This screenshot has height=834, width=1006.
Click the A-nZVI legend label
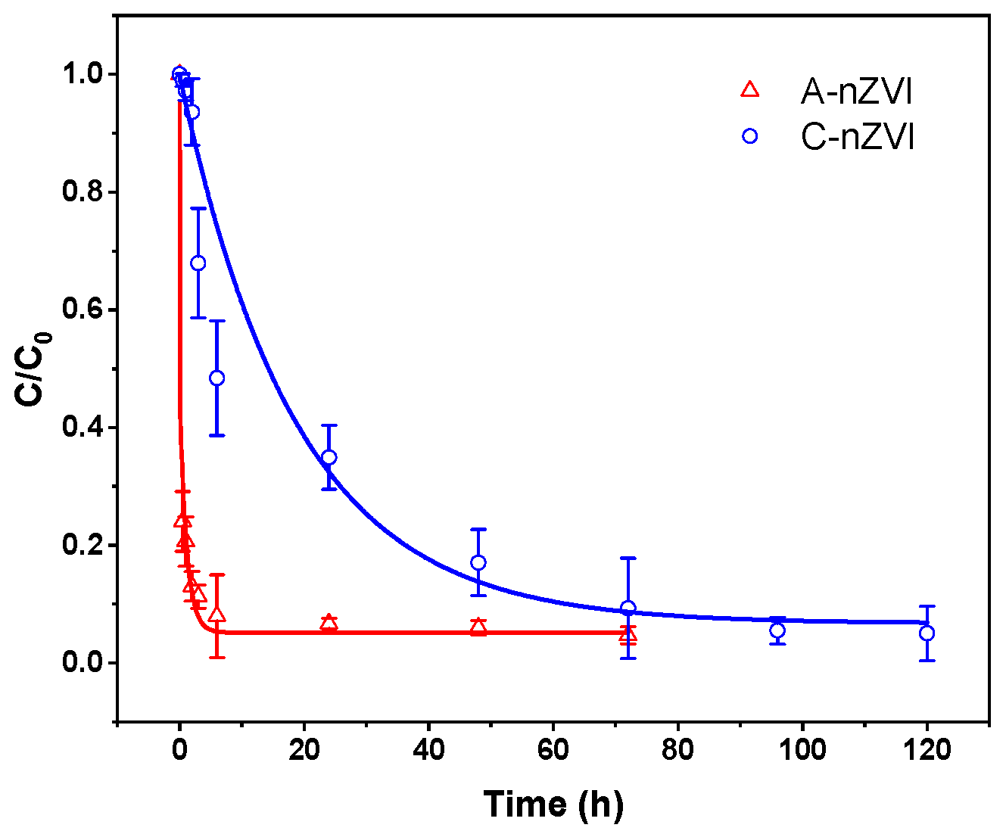coord(857,92)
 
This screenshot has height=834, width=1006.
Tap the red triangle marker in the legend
coord(749,90)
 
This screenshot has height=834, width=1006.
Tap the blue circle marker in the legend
coord(750,136)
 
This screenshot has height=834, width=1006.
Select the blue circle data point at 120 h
coord(927,633)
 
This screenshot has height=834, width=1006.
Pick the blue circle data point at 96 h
coord(777,630)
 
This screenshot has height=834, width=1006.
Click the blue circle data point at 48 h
coord(478,562)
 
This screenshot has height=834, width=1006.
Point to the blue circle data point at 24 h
coord(329,457)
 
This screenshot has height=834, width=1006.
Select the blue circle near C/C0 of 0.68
coord(198,263)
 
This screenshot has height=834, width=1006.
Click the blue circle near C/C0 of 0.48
coord(216,378)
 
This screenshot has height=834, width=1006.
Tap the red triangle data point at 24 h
coord(329,623)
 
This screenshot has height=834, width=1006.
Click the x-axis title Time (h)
coord(553,804)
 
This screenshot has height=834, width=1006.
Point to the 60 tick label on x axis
coord(553,750)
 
